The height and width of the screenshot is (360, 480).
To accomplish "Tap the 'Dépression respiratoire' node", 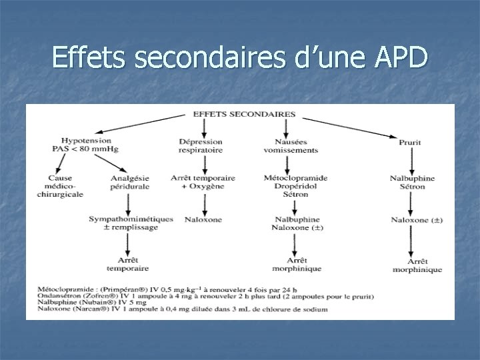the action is tap(200, 145).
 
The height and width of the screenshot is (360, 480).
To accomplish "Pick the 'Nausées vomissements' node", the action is tap(295, 145).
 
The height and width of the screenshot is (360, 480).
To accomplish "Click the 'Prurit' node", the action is tap(409, 142).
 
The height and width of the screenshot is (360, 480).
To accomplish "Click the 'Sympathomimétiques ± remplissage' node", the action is tap(131, 223).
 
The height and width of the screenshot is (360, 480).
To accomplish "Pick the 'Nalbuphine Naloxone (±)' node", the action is tap(296, 223).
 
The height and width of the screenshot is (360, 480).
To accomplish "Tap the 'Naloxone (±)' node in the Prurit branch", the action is tap(417, 219).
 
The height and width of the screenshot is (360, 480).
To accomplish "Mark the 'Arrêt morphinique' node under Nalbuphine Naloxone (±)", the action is tap(297, 264).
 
